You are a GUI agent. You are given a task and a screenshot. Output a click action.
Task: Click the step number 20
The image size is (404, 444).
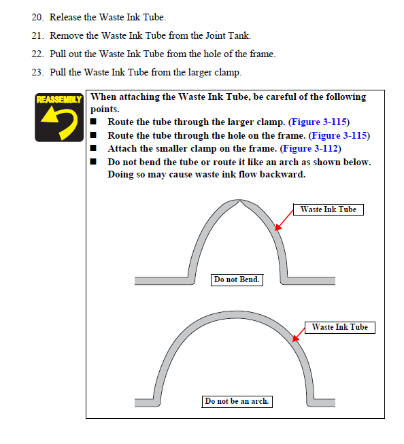tap(37, 17)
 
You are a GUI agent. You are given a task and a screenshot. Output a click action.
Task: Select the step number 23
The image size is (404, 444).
tap(37, 73)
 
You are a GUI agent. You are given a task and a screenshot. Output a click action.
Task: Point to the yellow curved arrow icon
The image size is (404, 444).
tap(59, 122)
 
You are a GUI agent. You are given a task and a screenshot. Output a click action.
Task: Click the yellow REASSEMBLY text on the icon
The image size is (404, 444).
tap(59, 99)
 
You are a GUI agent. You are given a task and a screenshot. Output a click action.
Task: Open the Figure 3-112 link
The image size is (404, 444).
tap(311, 149)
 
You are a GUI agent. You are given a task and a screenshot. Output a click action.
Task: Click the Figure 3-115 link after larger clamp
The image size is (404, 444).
tap(319, 122)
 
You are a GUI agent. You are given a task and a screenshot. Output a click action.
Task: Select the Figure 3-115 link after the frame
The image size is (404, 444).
tap(339, 135)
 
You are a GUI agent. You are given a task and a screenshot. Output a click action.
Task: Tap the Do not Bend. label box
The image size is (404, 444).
tap(237, 279)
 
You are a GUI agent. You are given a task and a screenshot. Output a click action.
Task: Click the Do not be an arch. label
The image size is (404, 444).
tap(237, 402)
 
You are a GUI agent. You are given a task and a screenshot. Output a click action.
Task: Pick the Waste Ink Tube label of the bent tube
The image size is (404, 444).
tap(329, 209)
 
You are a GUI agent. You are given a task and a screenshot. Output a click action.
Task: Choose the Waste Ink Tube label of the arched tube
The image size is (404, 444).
tap(340, 327)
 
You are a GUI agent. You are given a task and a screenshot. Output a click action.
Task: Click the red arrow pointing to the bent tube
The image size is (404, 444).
tap(284, 220)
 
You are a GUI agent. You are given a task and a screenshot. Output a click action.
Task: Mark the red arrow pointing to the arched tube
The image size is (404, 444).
tap(299, 335)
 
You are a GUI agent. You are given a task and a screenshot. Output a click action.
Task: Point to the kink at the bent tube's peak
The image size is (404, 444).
tap(239, 202)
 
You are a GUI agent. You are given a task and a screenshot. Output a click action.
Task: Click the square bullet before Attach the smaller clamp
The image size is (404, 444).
tap(93, 148)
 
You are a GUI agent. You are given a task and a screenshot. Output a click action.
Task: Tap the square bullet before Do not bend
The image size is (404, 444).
tap(93, 162)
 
